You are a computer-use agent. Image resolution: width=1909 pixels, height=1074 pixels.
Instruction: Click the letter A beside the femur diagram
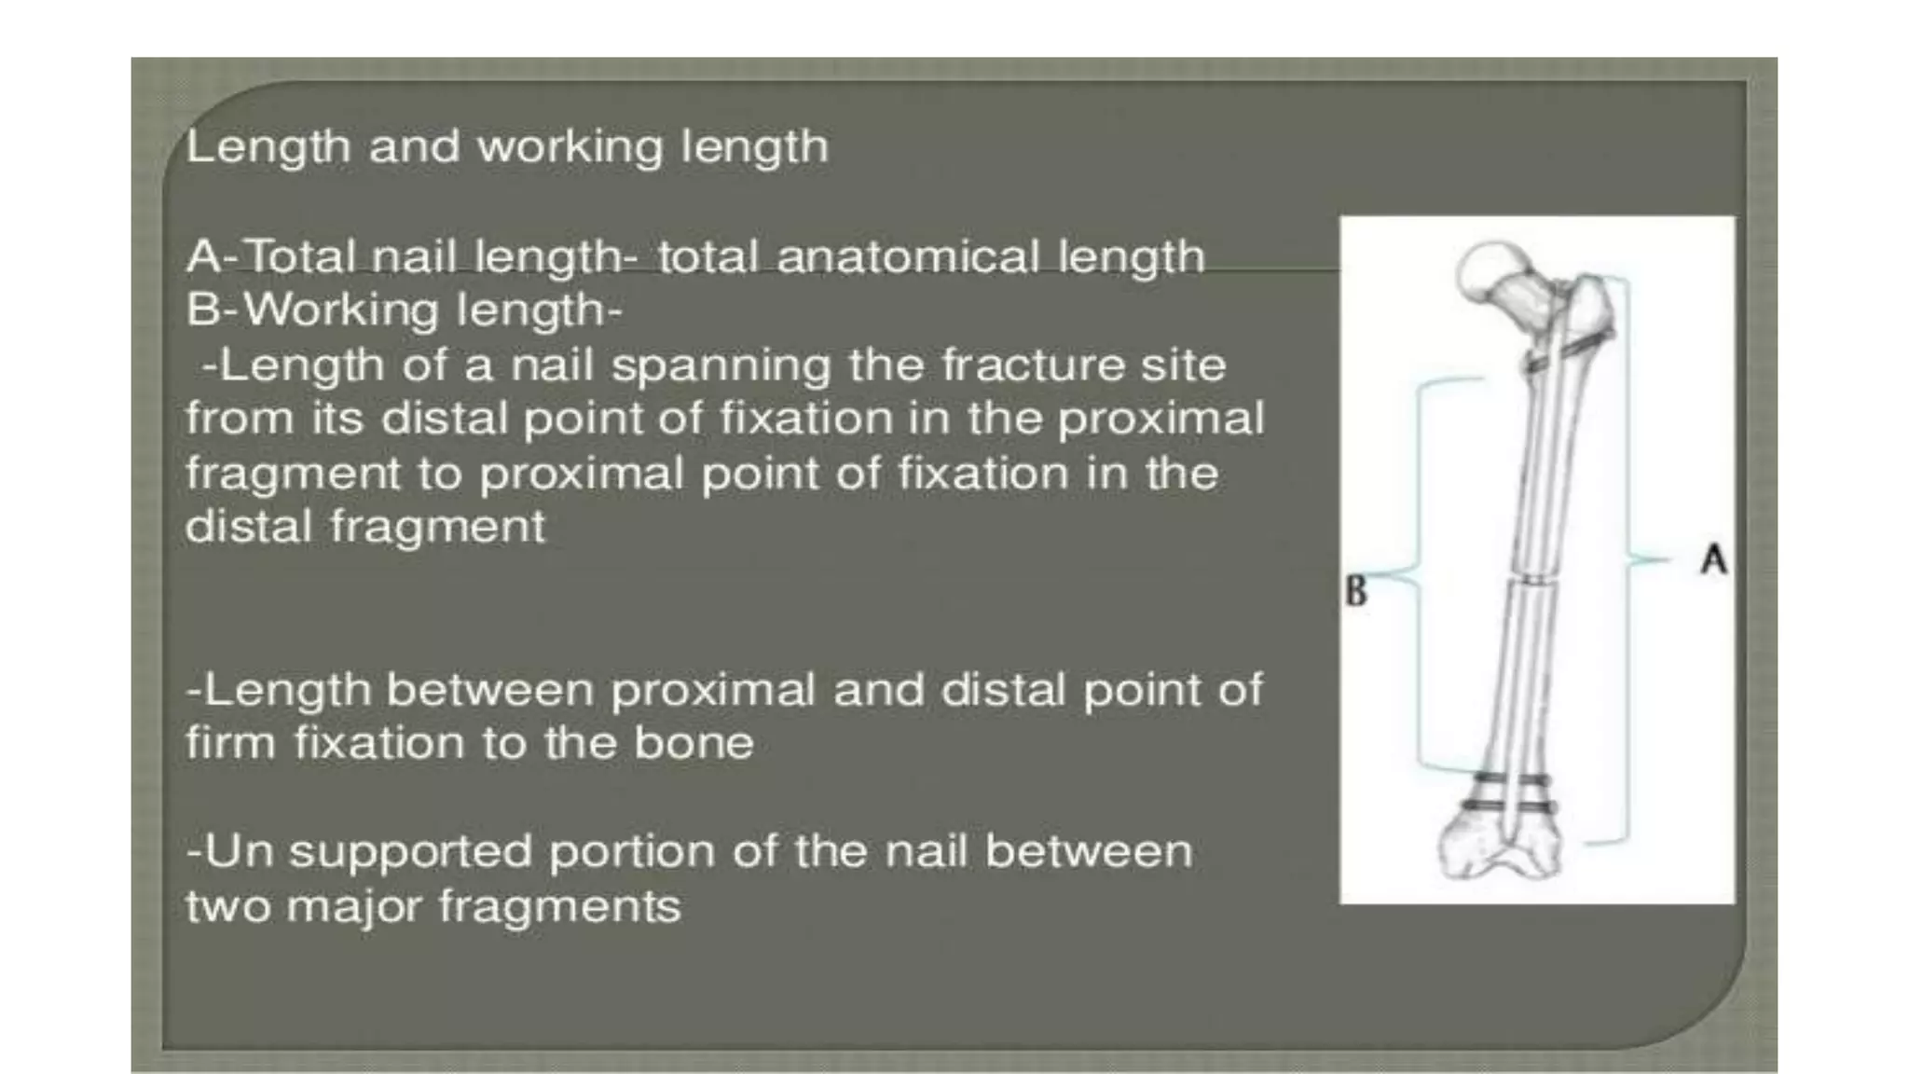tap(1713, 560)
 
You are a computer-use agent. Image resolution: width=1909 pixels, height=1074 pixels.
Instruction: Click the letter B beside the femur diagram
tap(1356, 591)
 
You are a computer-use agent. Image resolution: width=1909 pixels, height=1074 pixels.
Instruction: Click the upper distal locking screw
tap(1512, 778)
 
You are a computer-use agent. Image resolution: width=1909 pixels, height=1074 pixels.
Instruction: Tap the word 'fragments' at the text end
tap(559, 906)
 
